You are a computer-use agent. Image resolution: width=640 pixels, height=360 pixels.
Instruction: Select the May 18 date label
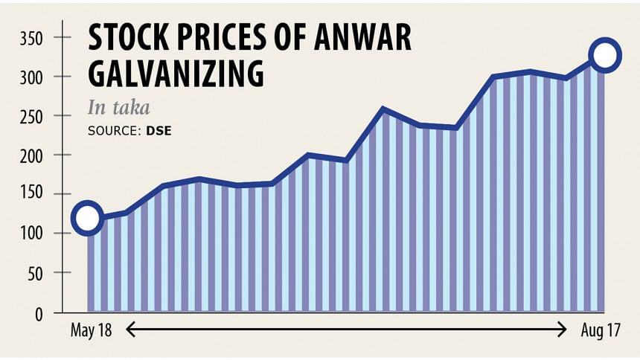[x=91, y=330]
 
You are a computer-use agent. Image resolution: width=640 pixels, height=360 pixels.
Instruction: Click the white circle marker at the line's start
[x=87, y=218]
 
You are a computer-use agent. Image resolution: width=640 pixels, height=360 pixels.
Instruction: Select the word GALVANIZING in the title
[x=176, y=74]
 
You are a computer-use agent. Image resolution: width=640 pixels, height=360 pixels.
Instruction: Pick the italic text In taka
[x=119, y=108]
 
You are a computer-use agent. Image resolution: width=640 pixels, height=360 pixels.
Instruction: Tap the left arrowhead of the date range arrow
[x=129, y=330]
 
